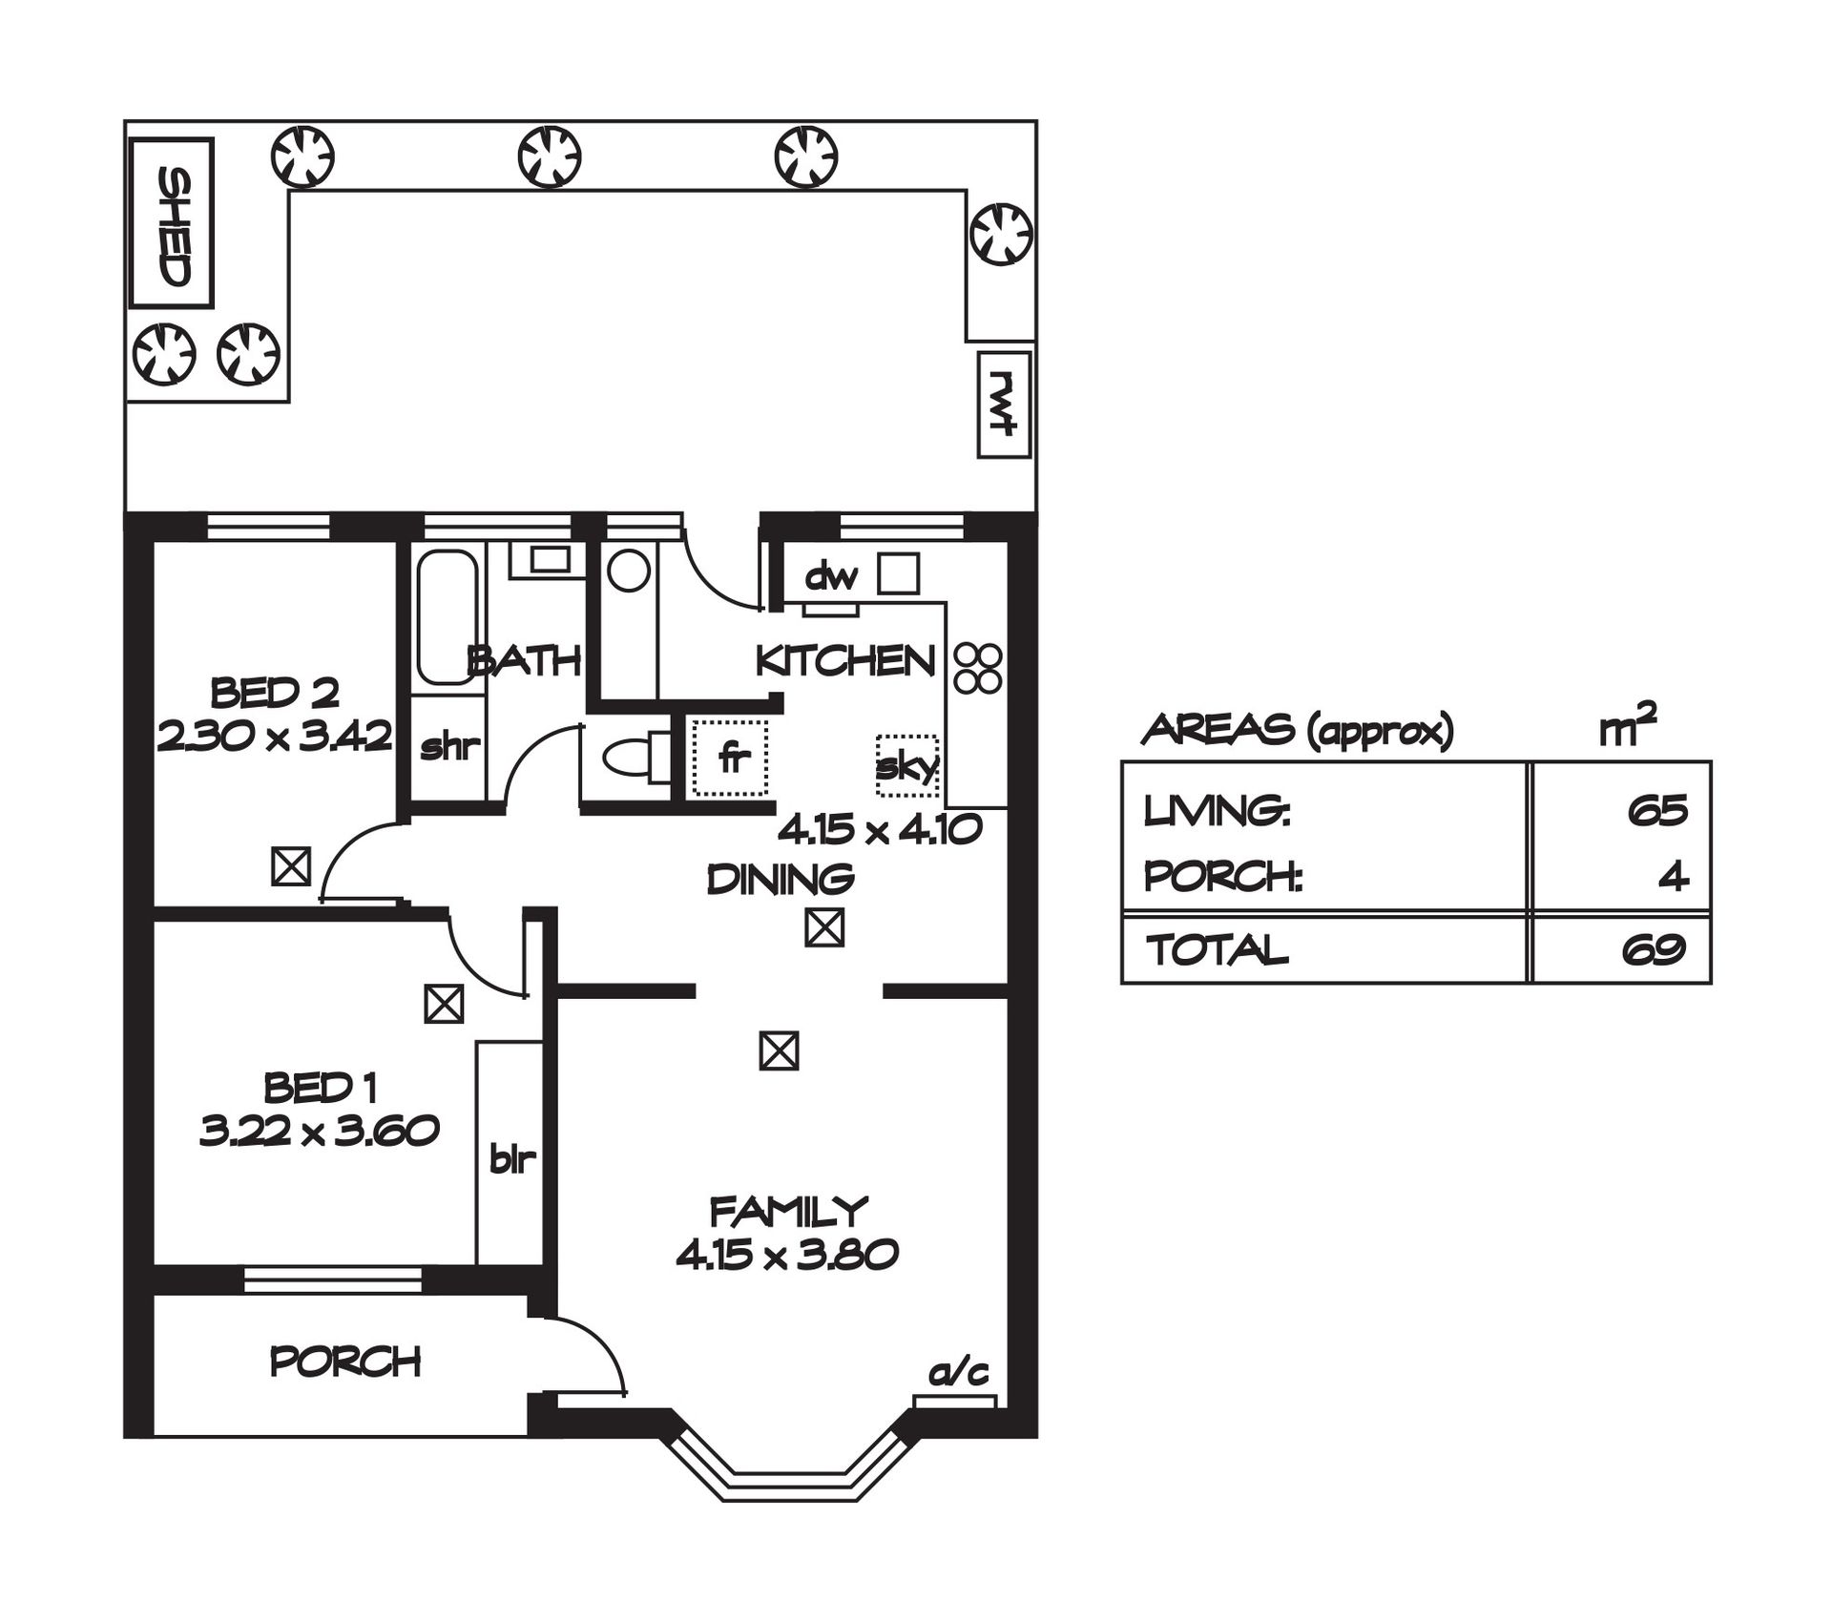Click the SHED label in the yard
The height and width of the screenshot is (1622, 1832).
(x=174, y=227)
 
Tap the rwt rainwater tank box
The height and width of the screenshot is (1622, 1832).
(x=1004, y=405)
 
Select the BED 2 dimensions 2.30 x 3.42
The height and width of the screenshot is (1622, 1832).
(x=275, y=737)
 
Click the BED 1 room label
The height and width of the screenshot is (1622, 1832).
(x=321, y=1087)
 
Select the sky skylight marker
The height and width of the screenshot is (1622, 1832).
(x=907, y=766)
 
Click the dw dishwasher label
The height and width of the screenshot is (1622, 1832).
(x=832, y=576)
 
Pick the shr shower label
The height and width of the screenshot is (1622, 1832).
(x=448, y=746)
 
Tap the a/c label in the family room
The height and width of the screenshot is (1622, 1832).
(x=959, y=1373)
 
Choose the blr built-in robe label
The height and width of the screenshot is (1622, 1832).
(x=512, y=1159)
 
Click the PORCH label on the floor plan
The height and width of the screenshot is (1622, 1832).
(x=345, y=1362)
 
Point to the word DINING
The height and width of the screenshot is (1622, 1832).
(x=781, y=879)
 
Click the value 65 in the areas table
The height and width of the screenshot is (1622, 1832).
(x=1658, y=810)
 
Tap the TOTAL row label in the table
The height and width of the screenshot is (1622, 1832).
(x=1217, y=949)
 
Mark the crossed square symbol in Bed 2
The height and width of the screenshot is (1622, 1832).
(x=291, y=866)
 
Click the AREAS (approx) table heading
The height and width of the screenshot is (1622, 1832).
(x=1298, y=730)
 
